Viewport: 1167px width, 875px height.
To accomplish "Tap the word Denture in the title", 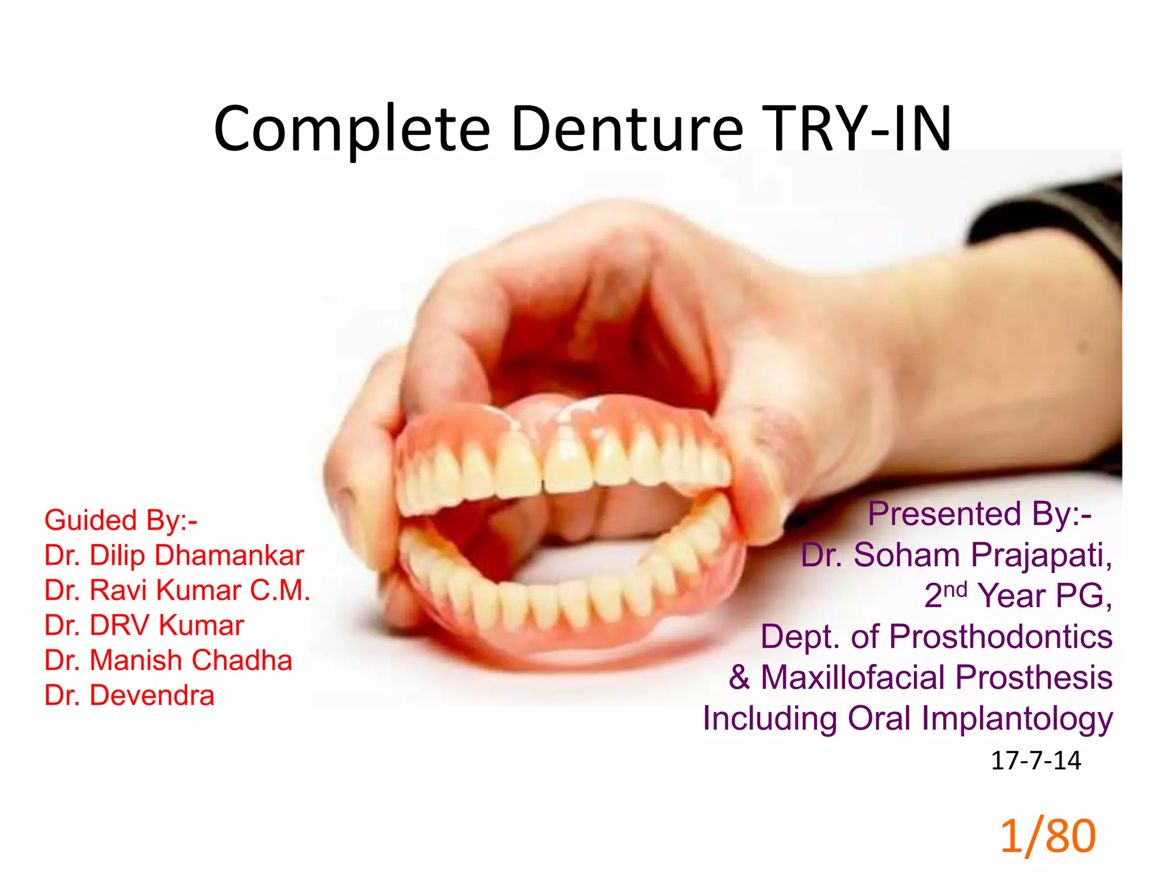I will pos(627,129).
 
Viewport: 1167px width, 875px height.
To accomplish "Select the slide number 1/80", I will pos(1047,836).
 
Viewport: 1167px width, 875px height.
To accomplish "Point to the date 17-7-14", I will pos(1035,760).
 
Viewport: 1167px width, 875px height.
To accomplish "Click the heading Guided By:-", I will pos(121,520).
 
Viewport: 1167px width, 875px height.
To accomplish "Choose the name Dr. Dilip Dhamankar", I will pos(174,555).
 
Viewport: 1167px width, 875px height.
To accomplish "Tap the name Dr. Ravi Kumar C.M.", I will pos(177,590).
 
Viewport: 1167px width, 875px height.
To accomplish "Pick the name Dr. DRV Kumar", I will pos(144,625).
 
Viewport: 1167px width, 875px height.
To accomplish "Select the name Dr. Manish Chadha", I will pos(168,660).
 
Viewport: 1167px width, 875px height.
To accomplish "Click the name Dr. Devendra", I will pos(129,696).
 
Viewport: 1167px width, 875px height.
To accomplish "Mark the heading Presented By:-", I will pos(979,514).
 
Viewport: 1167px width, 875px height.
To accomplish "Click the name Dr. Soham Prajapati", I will pos(956,555).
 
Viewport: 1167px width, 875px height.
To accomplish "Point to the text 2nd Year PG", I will pos(1018,596).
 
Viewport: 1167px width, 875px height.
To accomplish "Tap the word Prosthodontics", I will pos(1000,636).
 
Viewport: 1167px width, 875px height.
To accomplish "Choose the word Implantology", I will pos(1017,718).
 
